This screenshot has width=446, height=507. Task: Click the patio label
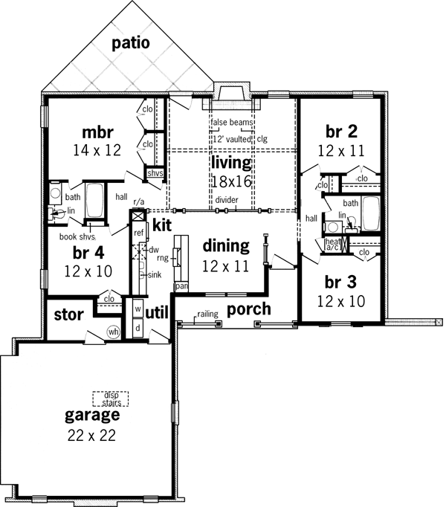coord(131,43)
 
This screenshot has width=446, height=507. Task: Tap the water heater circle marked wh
coord(114,332)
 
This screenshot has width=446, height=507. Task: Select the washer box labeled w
coord(138,307)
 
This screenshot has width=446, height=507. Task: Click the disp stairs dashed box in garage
coord(111,398)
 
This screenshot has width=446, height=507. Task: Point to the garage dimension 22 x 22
coord(90,436)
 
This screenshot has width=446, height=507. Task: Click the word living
coord(230,161)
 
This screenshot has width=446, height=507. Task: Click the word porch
coord(249,309)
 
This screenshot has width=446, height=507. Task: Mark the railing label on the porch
coord(207,314)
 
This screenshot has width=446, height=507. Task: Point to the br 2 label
coord(342,132)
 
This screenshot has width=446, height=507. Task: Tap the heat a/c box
coord(332,245)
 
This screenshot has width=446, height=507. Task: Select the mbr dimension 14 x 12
coord(97,149)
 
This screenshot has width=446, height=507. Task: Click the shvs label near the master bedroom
coord(155,173)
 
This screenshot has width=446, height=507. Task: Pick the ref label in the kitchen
coord(138,233)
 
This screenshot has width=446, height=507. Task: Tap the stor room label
coord(68,314)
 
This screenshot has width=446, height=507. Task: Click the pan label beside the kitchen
coord(180,285)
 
